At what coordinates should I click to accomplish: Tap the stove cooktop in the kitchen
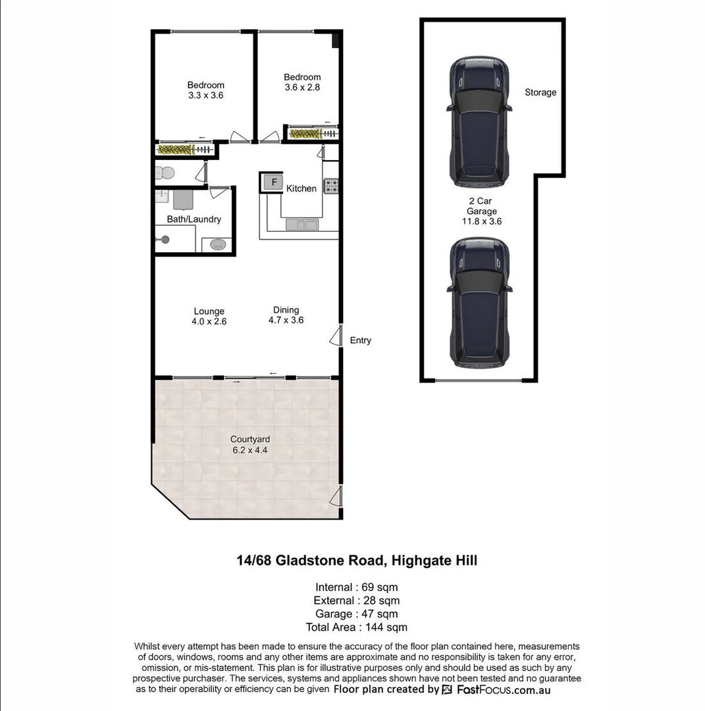pyautogui.click(x=330, y=186)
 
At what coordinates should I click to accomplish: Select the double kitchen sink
pyautogui.click(x=302, y=225)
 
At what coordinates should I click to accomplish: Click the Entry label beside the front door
pyautogui.click(x=360, y=340)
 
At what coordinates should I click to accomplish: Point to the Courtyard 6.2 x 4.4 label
pyautogui.click(x=249, y=445)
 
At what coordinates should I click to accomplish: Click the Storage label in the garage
pyautogui.click(x=540, y=93)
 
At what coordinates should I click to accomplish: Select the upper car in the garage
pyautogui.click(x=479, y=122)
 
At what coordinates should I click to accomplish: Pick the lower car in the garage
pyautogui.click(x=479, y=302)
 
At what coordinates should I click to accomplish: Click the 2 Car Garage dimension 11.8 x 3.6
pyautogui.click(x=482, y=222)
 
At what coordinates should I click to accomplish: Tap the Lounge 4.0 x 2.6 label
pyautogui.click(x=209, y=317)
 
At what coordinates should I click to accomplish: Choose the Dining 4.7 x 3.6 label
pyautogui.click(x=286, y=315)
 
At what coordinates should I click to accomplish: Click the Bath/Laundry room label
pyautogui.click(x=194, y=219)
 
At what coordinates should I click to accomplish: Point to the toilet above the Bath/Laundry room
pyautogui.click(x=165, y=173)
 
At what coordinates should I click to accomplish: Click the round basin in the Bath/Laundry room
pyautogui.click(x=217, y=245)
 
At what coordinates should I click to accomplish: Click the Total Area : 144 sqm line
pyautogui.click(x=356, y=627)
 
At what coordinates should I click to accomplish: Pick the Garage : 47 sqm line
pyautogui.click(x=356, y=614)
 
